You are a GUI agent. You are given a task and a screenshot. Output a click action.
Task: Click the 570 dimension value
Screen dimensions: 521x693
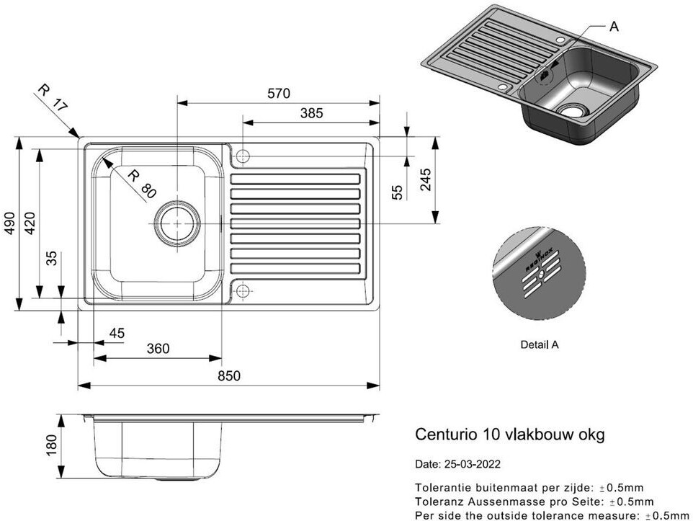click(x=278, y=94)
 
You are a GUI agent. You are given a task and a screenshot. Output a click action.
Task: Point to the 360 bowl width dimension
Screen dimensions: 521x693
click(x=157, y=349)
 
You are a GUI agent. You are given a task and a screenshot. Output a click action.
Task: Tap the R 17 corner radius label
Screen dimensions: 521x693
click(x=52, y=97)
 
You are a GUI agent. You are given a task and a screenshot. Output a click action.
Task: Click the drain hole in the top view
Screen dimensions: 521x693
click(x=176, y=223)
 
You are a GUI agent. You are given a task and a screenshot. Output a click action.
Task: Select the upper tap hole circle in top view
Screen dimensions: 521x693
click(x=243, y=156)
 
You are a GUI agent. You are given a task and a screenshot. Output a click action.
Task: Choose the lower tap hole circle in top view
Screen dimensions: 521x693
click(x=243, y=291)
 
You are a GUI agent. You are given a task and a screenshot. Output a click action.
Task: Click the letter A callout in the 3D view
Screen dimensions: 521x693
click(x=614, y=27)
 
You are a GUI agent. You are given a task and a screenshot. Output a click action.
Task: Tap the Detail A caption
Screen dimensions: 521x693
click(x=540, y=344)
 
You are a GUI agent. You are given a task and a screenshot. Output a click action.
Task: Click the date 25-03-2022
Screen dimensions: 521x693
click(x=473, y=464)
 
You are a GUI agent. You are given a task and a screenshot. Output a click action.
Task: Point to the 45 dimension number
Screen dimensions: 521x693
click(x=116, y=332)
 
